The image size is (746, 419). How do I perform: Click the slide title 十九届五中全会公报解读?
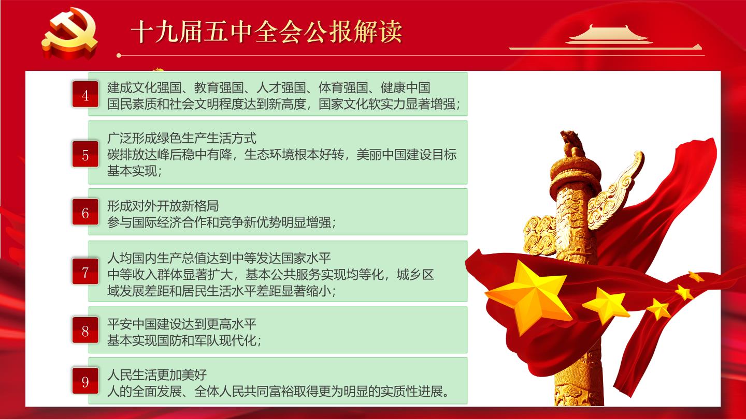266,32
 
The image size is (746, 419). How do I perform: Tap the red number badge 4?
85,95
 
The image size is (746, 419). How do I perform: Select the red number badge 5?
85,154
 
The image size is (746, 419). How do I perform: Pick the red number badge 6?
85,212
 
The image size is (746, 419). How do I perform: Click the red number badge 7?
85,272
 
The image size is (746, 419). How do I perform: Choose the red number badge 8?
85,330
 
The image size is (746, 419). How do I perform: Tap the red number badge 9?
85,381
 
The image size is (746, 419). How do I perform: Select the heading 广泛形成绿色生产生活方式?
182,138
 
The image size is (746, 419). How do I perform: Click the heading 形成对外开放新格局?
163,206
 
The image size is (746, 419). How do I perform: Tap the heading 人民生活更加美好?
157,375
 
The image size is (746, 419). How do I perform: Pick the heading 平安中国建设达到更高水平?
182,324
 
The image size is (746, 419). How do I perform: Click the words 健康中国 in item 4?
405,88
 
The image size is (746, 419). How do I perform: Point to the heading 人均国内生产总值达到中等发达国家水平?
219,258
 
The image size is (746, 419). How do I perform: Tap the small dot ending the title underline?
119,55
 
